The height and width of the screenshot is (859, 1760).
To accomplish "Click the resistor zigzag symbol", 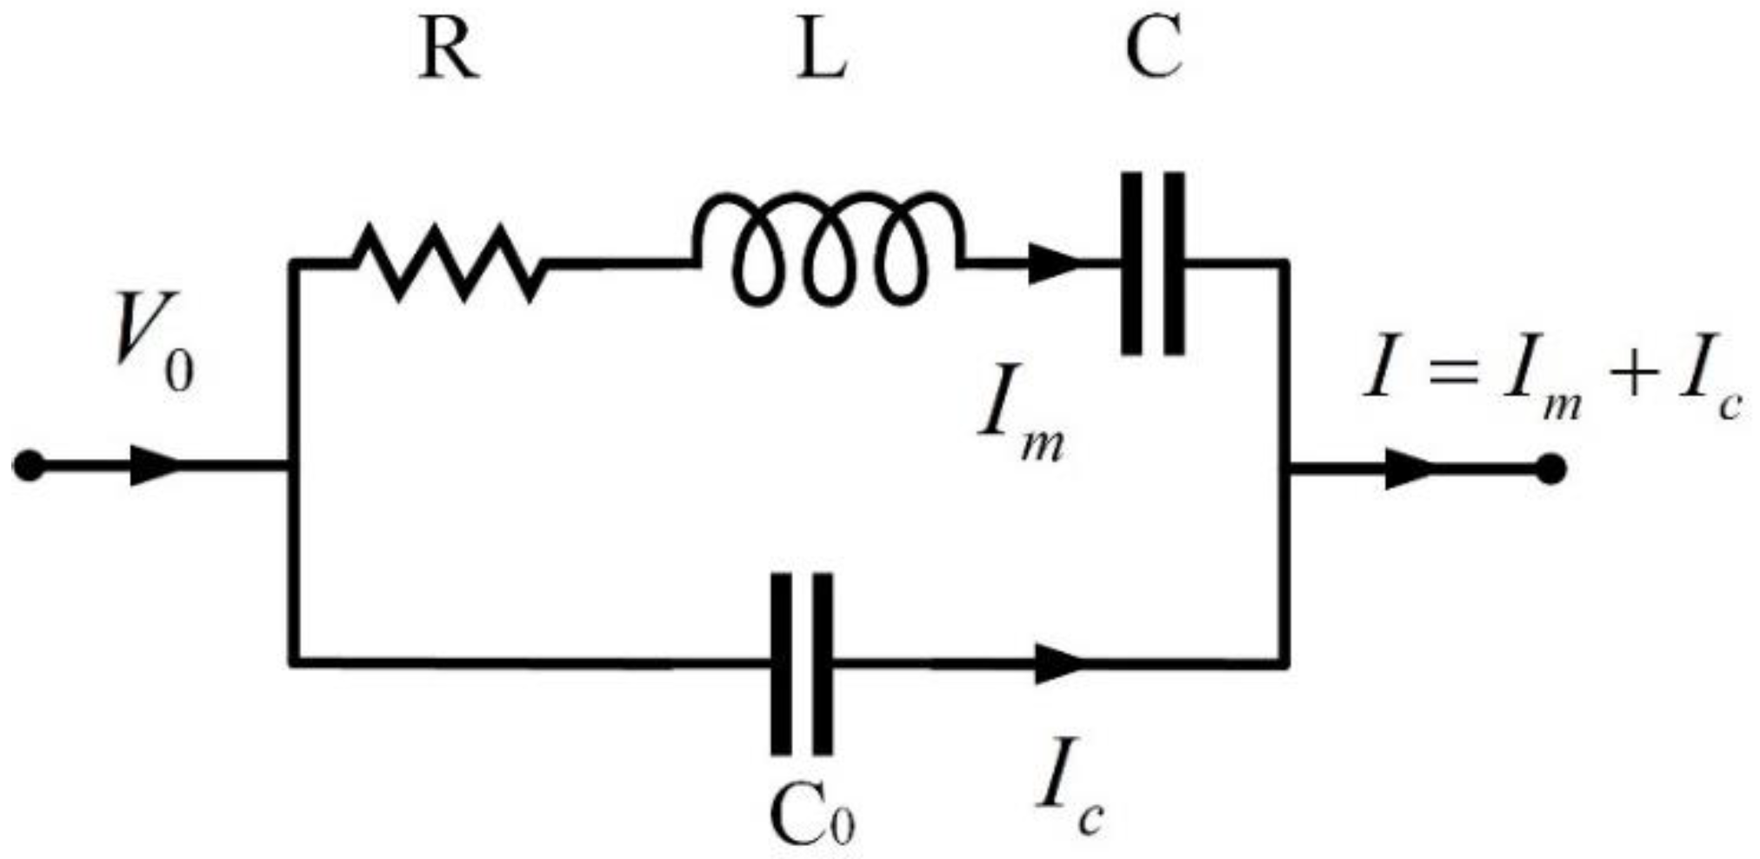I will [448, 261].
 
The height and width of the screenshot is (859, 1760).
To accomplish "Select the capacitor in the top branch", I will [1152, 263].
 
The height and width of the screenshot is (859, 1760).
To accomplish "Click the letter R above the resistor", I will [448, 52].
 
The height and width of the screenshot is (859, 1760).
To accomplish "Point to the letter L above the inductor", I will [823, 52].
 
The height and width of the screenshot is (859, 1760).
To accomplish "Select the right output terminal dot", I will [1550, 469].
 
